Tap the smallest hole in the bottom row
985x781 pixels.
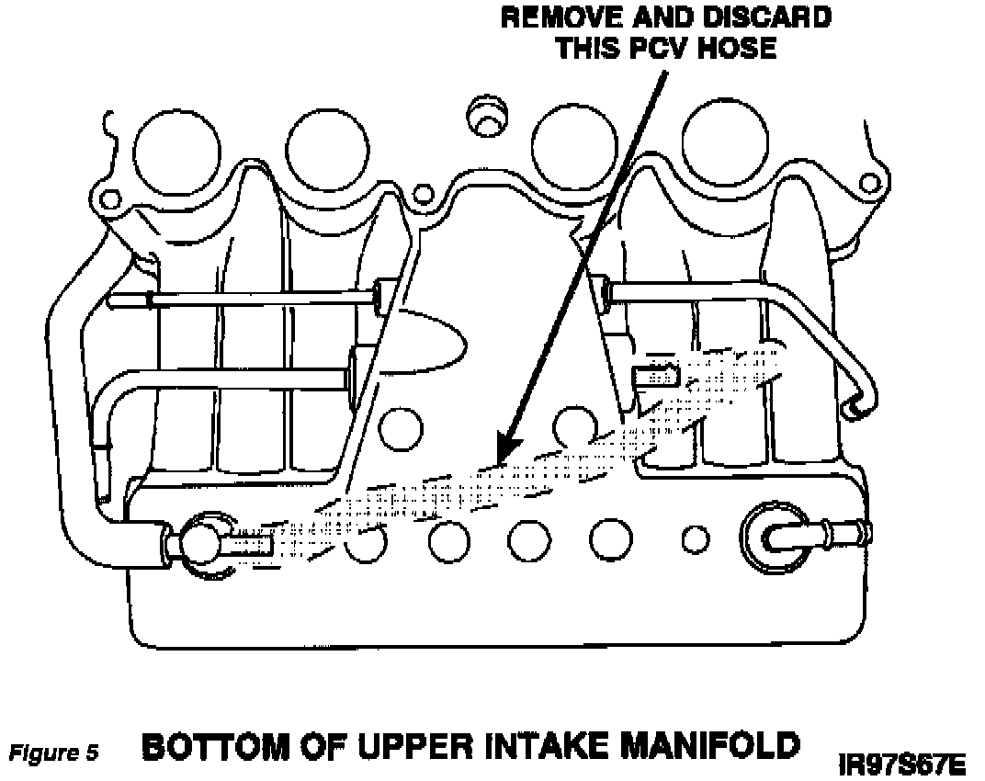point(695,536)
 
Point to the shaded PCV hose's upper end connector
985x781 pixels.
point(656,374)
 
